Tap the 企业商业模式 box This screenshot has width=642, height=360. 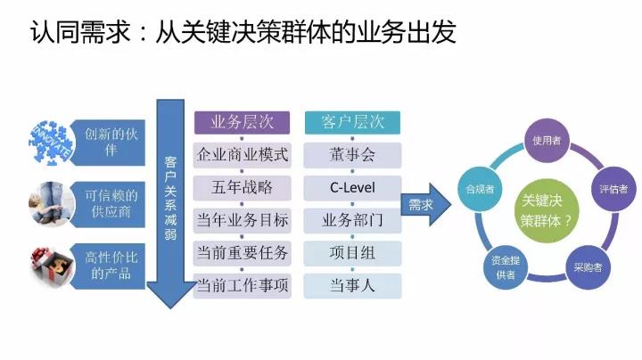click(x=242, y=155)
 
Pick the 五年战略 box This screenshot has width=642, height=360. click(x=242, y=188)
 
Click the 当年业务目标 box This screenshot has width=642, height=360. click(x=242, y=220)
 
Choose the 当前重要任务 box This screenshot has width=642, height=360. click(x=242, y=253)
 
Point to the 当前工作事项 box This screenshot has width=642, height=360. click(x=242, y=285)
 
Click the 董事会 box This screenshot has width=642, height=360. click(x=351, y=155)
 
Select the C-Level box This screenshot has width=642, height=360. click(x=351, y=188)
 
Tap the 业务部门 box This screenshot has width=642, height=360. click(x=351, y=220)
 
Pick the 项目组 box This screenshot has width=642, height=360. click(x=351, y=253)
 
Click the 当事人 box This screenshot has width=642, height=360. click(x=351, y=285)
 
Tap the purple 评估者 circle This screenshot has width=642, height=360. click(x=613, y=189)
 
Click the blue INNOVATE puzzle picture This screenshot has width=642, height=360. click(x=50, y=143)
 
